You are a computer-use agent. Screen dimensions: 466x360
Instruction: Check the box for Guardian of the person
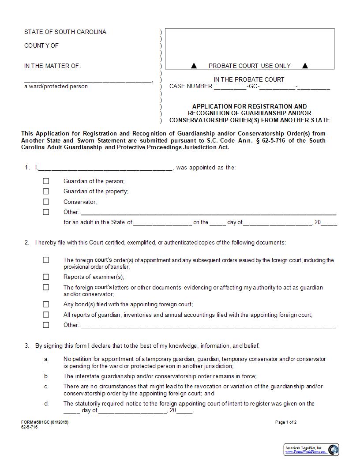click(x=46, y=181)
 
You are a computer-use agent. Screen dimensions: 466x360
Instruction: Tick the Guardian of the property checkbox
click(x=46, y=191)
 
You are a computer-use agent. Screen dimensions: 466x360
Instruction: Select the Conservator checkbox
click(x=46, y=202)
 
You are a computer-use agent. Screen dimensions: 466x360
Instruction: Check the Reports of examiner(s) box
click(x=46, y=277)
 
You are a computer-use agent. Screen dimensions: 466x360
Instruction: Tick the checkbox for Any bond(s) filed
click(x=46, y=304)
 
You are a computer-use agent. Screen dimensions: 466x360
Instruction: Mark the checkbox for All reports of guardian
click(x=46, y=315)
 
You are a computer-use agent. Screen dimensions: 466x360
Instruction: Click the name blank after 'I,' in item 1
click(x=106, y=168)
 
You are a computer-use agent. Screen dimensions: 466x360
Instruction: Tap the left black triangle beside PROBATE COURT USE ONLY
click(x=194, y=66)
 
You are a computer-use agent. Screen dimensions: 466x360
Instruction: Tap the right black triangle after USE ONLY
click(x=305, y=66)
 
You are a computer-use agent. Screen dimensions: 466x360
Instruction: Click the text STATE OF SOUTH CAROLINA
click(x=65, y=32)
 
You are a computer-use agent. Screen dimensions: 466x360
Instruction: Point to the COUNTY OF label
click(x=41, y=45)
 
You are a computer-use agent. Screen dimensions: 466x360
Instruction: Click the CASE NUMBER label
click(x=191, y=86)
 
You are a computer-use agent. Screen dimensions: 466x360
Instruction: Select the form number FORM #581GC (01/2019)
click(x=45, y=422)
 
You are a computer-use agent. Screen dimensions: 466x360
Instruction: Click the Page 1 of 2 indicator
click(x=286, y=422)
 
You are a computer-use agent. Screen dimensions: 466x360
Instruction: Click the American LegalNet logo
click(x=311, y=450)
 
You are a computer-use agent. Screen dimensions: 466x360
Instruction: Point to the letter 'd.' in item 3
click(x=46, y=403)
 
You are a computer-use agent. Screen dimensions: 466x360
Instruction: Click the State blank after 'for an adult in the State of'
click(x=162, y=222)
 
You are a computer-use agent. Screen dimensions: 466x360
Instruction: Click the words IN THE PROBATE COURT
click(x=249, y=79)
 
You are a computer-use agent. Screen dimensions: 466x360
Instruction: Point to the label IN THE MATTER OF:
click(x=52, y=66)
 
